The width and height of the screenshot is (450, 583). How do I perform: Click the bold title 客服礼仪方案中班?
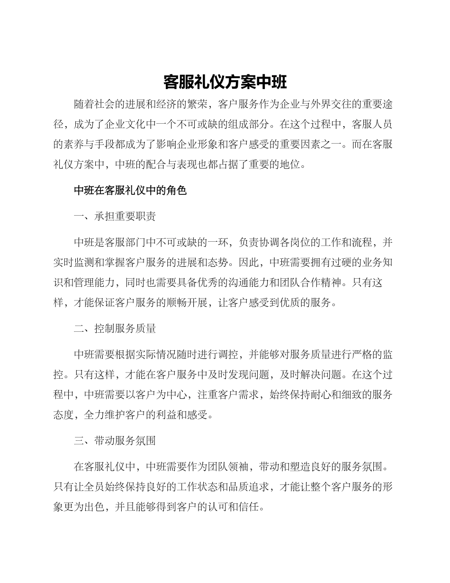225,82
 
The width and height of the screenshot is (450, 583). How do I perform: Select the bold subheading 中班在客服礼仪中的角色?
130,191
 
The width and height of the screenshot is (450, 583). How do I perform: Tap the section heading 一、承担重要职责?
115,217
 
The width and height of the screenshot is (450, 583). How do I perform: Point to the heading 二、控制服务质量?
115,328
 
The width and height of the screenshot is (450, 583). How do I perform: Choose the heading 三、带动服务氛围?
115,441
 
